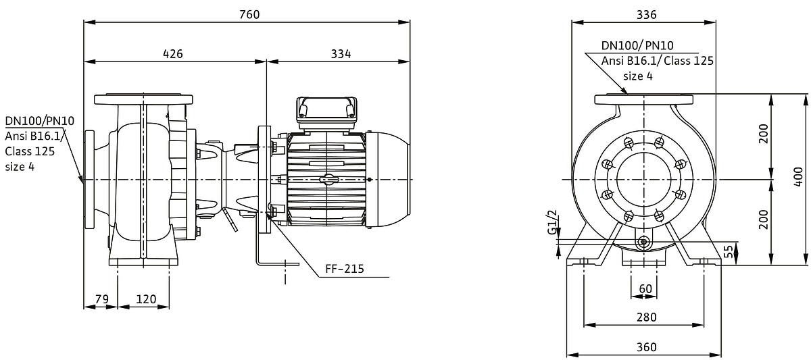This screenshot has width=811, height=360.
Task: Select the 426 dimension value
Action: pyautogui.click(x=174, y=53)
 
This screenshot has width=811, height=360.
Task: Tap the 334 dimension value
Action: pyautogui.click(x=341, y=53)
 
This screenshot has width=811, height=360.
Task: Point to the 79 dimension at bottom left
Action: pyautogui.click(x=101, y=299)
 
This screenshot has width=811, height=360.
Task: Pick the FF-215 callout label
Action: pyautogui.click(x=344, y=269)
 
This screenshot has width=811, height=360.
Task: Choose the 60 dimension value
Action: pyautogui.click(x=645, y=288)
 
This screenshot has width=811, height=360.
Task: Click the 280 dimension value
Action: pyautogui.click(x=646, y=317)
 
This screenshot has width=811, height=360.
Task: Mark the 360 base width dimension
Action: pyautogui.click(x=646, y=346)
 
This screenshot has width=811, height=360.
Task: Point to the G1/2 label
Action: pyautogui.click(x=552, y=223)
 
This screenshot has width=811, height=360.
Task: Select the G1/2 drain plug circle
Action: pyautogui.click(x=643, y=242)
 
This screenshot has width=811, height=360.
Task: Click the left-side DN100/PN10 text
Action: pyautogui.click(x=39, y=121)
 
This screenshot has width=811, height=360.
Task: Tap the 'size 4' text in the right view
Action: pyautogui.click(x=637, y=76)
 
